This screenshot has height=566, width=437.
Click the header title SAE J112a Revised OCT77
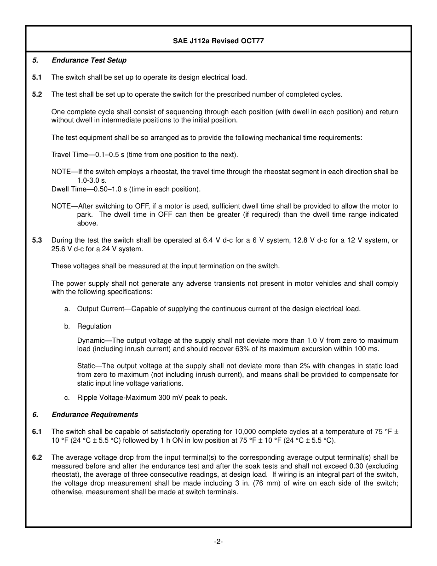(x=218, y=40)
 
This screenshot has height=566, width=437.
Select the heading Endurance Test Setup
(x=89, y=60)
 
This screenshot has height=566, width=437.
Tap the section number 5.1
(x=37, y=77)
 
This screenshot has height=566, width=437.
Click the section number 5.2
(x=37, y=94)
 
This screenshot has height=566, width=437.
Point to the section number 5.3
(x=37, y=240)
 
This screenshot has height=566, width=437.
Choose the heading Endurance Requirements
(x=95, y=415)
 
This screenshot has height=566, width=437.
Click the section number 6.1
(x=37, y=432)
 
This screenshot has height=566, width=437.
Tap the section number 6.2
(x=37, y=457)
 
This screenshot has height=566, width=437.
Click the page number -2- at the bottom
(x=218, y=542)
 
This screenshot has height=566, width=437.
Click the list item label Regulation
(x=94, y=326)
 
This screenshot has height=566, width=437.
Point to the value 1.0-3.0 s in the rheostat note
(x=92, y=180)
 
